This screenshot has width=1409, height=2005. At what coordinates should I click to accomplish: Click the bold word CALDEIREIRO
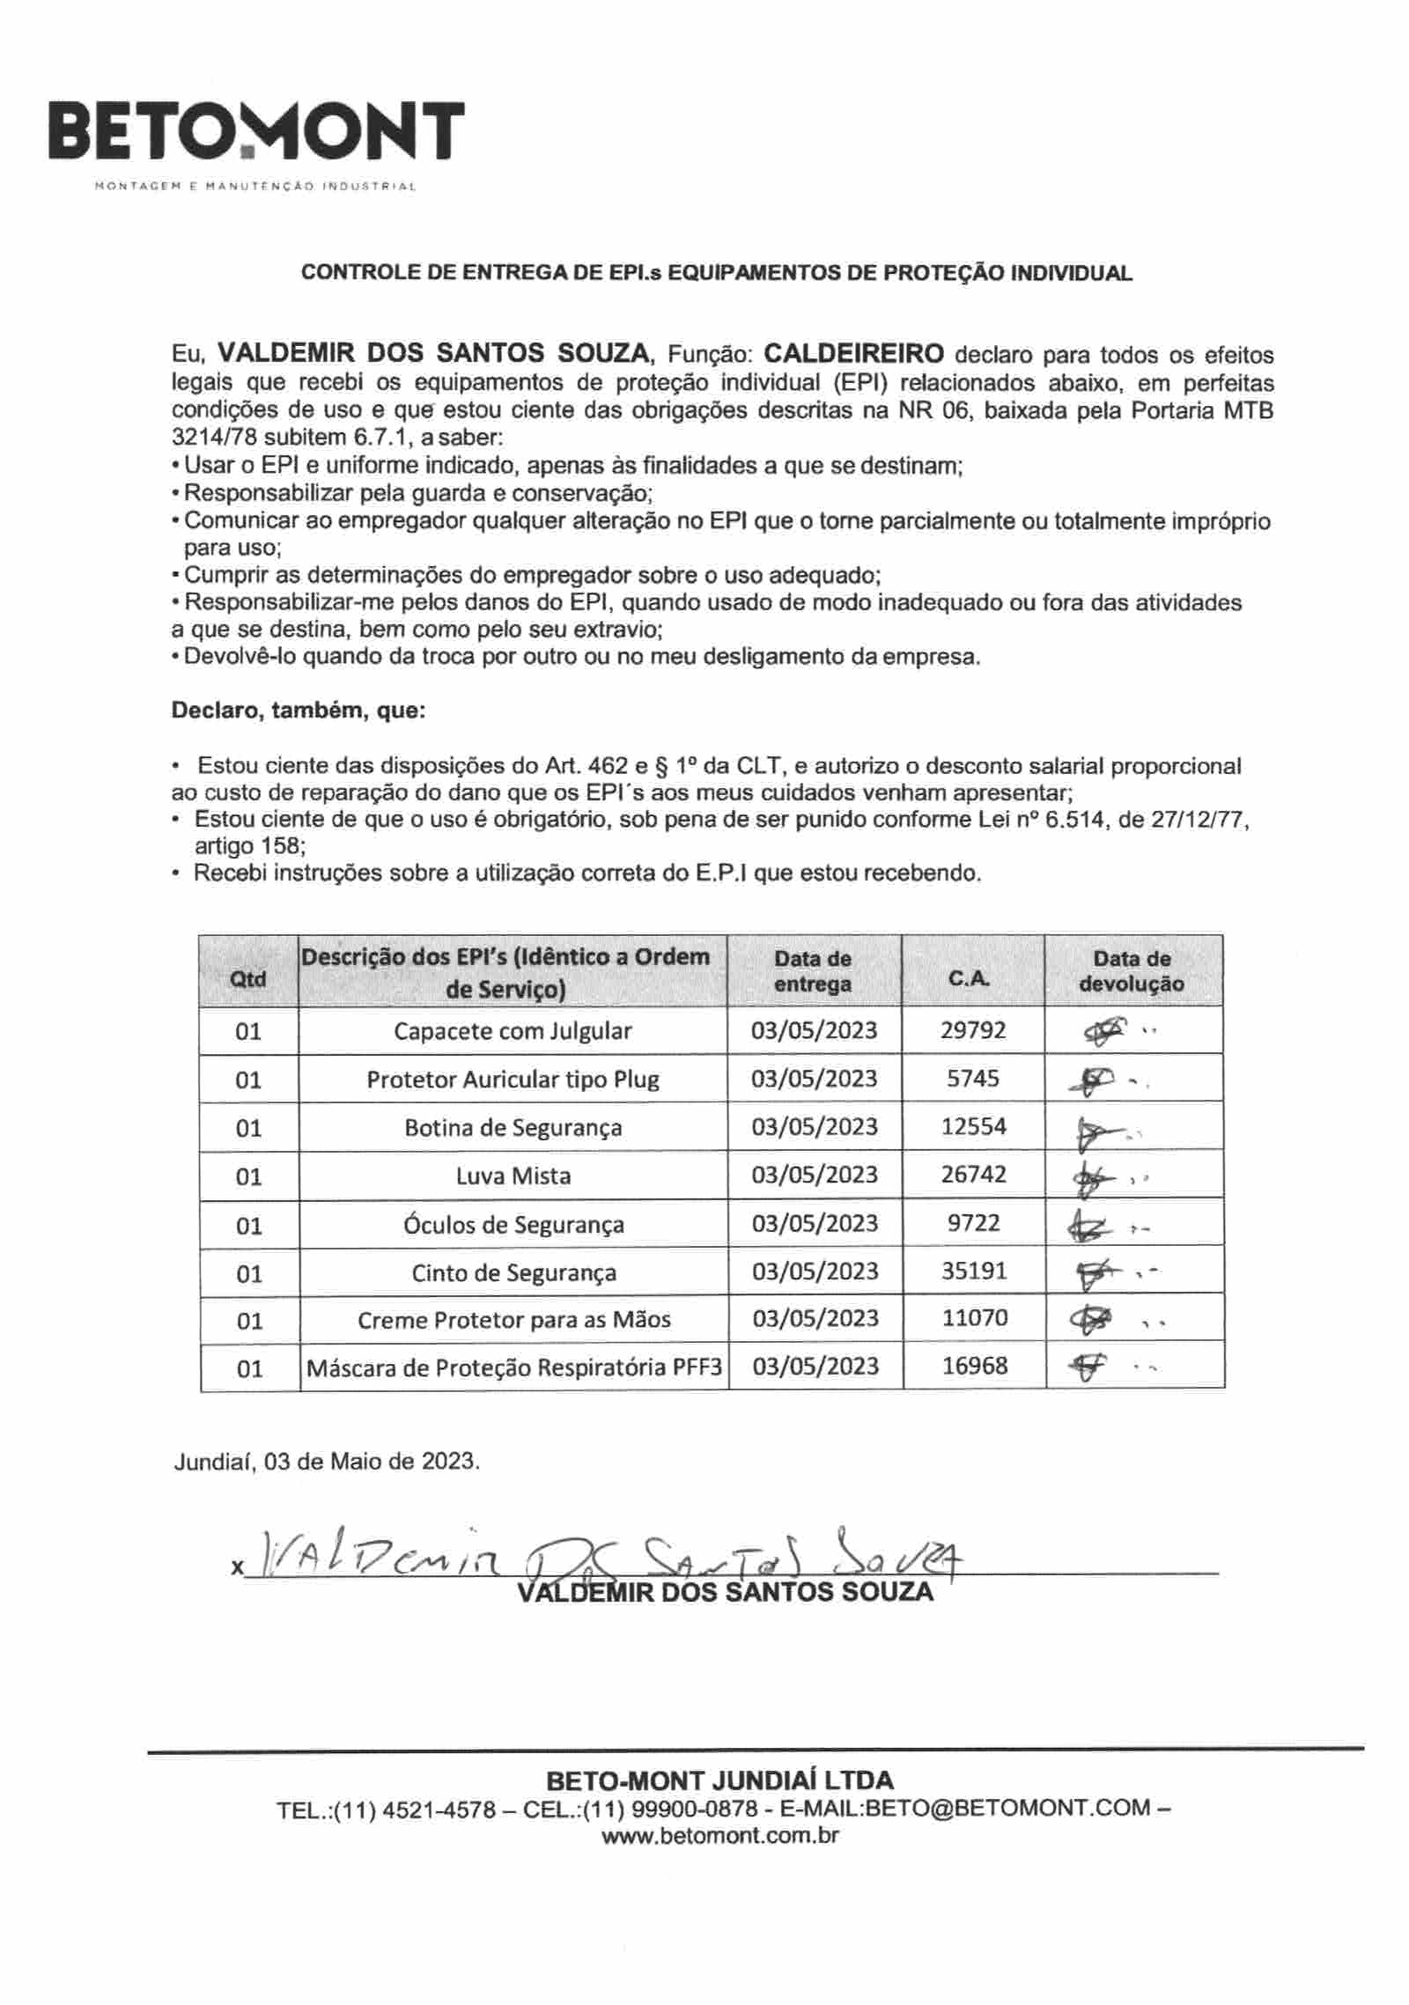(853, 354)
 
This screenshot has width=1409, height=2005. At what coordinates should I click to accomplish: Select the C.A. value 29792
(973, 1030)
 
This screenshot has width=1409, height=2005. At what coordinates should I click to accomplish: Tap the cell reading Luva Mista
(513, 1176)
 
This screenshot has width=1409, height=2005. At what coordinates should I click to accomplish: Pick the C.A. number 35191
(973, 1272)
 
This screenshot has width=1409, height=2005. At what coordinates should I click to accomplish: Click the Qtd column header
(247, 978)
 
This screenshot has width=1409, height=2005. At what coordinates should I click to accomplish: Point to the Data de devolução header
(1132, 971)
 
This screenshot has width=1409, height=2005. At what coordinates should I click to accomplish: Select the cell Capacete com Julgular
(513, 1031)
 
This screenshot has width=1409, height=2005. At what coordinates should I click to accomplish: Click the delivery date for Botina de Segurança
(815, 1127)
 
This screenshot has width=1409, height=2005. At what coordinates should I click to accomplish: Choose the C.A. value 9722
(973, 1223)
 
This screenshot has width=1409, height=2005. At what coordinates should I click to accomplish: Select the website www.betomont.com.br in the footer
(719, 1837)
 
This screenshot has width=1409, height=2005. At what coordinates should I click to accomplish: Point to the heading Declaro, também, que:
(299, 711)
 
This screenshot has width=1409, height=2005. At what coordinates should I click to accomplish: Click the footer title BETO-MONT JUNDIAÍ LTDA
(720, 1780)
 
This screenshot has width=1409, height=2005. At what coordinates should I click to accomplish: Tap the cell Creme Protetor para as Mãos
(513, 1320)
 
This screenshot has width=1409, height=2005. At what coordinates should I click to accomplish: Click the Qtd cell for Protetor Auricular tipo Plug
(248, 1080)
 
